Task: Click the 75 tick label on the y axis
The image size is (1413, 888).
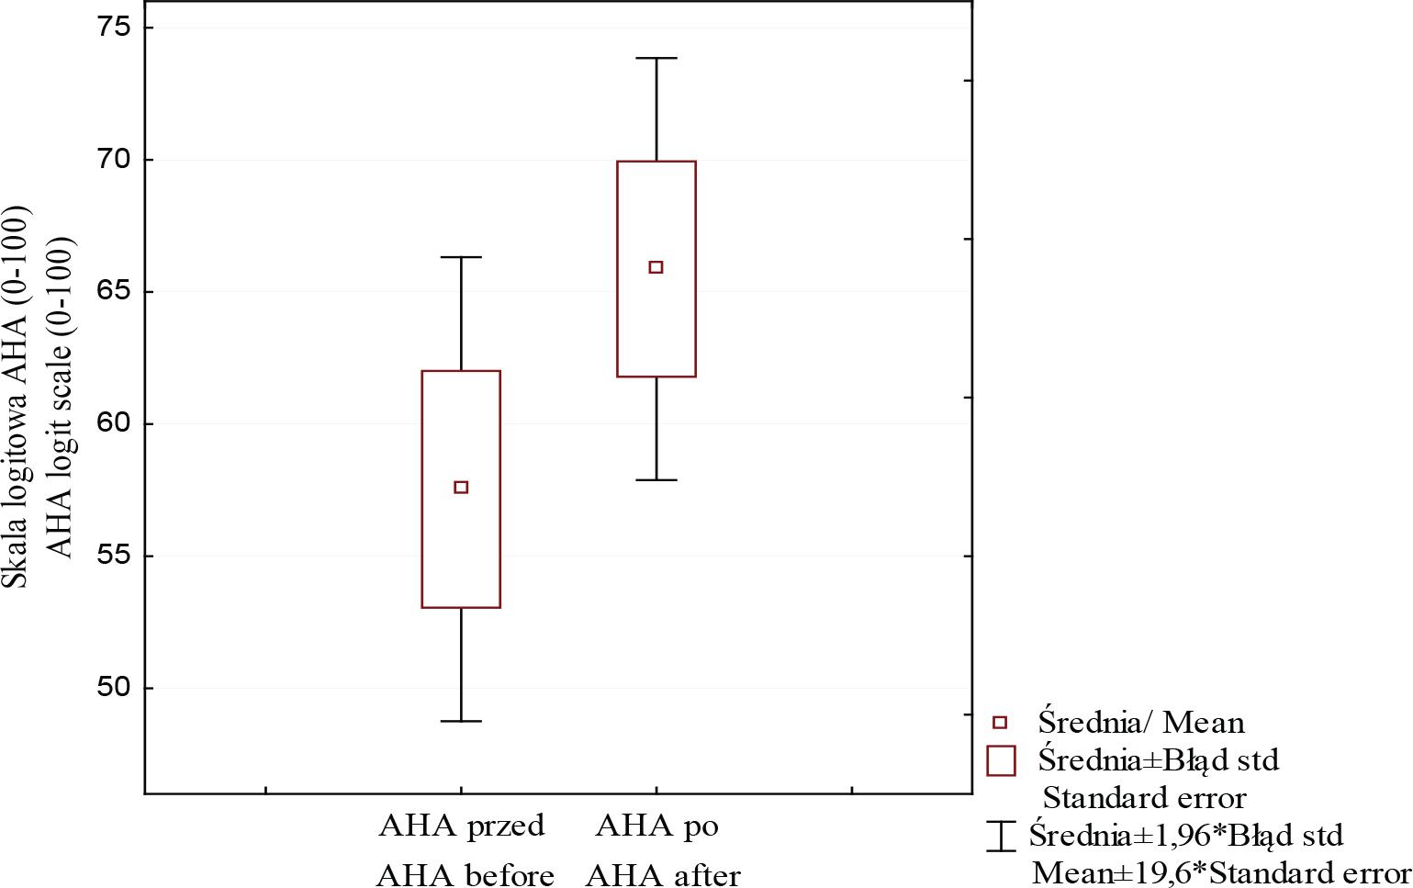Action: point(115,28)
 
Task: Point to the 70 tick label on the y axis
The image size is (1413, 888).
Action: point(115,160)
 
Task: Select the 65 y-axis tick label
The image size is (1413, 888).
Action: point(115,292)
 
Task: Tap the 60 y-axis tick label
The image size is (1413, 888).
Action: point(115,424)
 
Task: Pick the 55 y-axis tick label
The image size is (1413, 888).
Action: point(115,556)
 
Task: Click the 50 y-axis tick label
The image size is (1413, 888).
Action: point(115,688)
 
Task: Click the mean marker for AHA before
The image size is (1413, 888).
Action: point(461,487)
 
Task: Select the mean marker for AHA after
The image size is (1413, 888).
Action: point(656,267)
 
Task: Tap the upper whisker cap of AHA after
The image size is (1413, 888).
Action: point(656,58)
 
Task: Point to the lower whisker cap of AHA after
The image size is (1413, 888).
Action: point(656,479)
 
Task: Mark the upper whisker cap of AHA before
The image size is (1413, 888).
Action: point(461,257)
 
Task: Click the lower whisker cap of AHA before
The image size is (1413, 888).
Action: point(461,721)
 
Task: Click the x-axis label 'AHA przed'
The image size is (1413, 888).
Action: point(462,826)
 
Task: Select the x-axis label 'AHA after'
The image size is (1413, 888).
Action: point(663,874)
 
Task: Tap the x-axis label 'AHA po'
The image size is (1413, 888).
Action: point(656,826)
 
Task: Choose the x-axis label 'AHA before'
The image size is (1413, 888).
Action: point(465,874)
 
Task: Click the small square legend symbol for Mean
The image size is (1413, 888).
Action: point(1001,722)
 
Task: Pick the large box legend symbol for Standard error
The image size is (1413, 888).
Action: point(1001,760)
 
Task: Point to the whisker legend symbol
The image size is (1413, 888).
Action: point(1001,835)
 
